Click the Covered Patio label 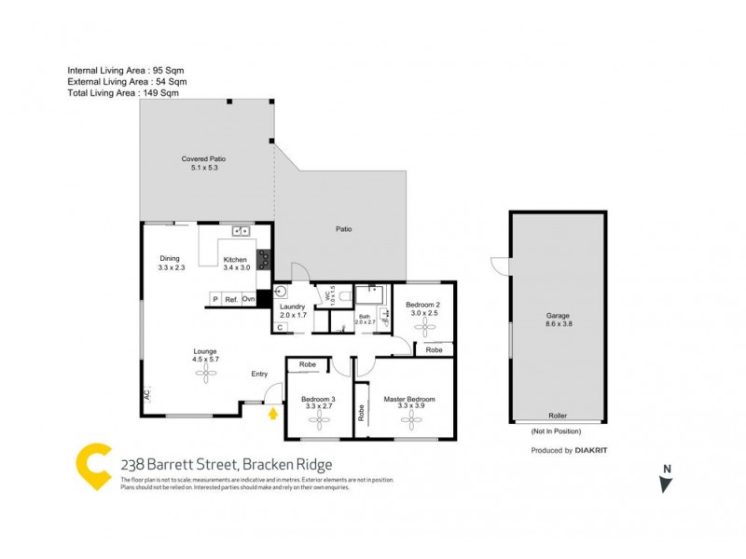203,159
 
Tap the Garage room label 558,316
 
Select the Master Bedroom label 409,400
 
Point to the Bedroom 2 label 424,307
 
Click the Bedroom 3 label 318,400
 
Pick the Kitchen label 235,259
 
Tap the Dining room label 169,259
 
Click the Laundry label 293,308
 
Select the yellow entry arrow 273,412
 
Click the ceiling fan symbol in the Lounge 204,373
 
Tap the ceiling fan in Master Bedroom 409,418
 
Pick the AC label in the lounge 146,395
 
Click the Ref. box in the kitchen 230,299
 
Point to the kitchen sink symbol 241,230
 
